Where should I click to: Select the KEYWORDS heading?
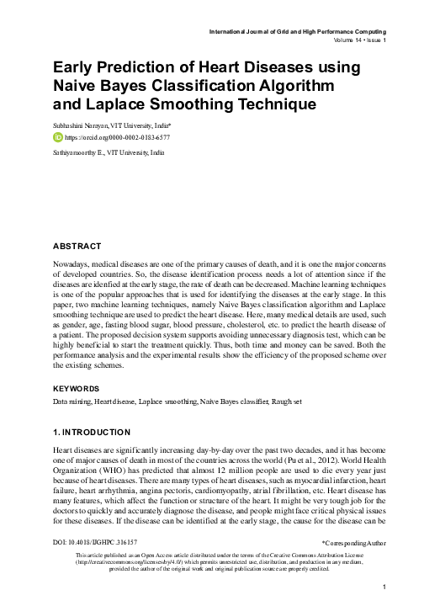tap(76, 389)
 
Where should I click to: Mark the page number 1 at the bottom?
tap(384, 587)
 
